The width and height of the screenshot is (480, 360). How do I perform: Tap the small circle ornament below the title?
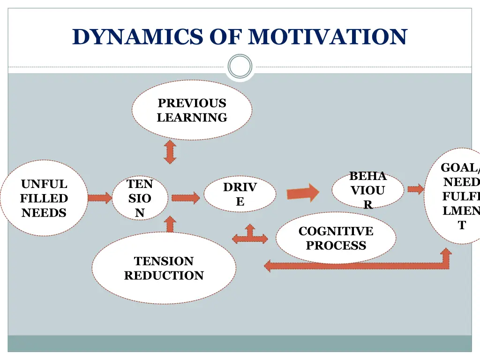tap(240, 66)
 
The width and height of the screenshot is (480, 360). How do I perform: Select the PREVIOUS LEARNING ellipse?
tap(192, 110)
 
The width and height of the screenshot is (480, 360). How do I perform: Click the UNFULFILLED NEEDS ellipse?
tap(44, 198)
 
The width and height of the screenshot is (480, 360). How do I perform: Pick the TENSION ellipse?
tap(140, 198)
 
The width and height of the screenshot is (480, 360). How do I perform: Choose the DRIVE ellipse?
tap(240, 194)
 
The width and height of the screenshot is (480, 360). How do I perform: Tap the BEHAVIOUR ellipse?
tap(367, 190)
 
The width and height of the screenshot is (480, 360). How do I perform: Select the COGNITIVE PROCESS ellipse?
tap(336, 238)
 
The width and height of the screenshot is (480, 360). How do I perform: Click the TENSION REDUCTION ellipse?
tap(164, 268)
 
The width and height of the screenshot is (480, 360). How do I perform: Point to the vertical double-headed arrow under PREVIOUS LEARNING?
tap(170, 152)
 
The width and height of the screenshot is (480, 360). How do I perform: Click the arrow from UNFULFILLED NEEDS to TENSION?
tap(99, 198)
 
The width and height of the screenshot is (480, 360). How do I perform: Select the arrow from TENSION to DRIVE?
tap(186, 198)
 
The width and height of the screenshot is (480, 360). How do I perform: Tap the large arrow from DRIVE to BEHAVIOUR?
tap(303, 193)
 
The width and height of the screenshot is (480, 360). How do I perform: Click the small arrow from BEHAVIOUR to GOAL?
tap(415, 189)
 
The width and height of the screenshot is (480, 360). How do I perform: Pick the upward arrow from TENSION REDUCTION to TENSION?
tap(170, 225)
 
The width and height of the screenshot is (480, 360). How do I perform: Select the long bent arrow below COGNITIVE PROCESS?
tap(356, 265)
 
